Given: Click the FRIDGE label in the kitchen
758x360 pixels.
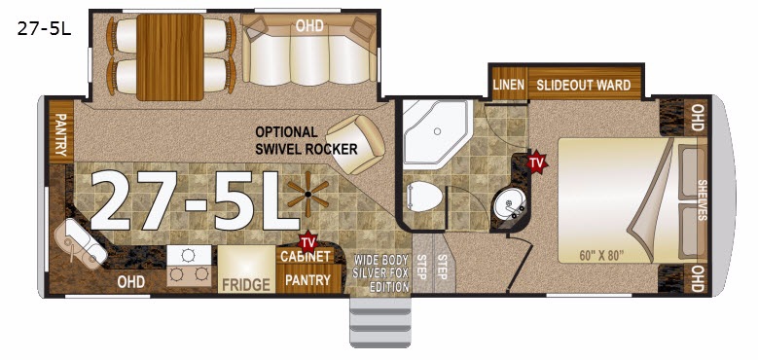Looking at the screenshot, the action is [x=245, y=284].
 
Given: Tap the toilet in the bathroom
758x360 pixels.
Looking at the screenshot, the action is [x=424, y=197].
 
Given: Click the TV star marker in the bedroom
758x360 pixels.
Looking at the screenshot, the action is [x=536, y=162].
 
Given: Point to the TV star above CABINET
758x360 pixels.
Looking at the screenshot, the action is [x=307, y=240].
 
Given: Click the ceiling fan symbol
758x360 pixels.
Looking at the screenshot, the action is [x=307, y=195].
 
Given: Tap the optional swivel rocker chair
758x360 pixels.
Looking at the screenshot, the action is [x=356, y=143].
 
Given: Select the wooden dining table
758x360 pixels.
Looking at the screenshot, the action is [x=169, y=57].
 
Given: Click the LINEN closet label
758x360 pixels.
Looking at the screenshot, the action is [x=509, y=85].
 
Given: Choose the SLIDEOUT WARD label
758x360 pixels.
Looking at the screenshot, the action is [x=584, y=85].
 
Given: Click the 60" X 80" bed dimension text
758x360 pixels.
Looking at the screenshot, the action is [x=601, y=256].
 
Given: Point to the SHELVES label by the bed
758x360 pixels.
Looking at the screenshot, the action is [x=702, y=200].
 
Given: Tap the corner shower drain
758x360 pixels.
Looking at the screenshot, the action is [x=437, y=131].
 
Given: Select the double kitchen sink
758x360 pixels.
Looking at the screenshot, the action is [x=81, y=243].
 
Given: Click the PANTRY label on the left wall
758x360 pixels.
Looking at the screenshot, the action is [x=60, y=135].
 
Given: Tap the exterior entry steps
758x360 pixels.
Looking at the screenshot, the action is [x=380, y=321].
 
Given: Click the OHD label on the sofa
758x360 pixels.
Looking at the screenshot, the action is [x=309, y=25].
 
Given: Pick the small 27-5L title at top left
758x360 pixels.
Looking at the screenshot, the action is [x=44, y=29].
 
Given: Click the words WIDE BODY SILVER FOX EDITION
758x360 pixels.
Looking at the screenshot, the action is [x=381, y=272].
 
